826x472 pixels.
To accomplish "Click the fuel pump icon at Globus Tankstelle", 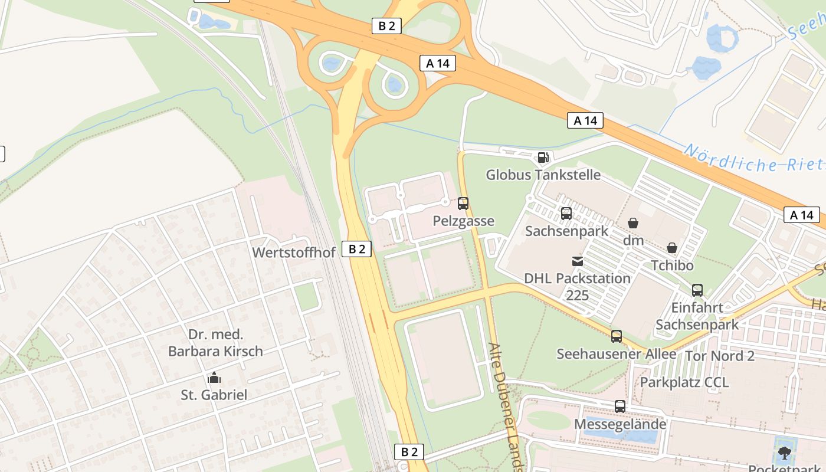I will (x=543, y=158).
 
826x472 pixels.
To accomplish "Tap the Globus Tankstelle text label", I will (x=543, y=175).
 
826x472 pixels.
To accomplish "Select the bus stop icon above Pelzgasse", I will (x=463, y=204).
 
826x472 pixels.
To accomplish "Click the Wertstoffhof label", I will (x=294, y=253).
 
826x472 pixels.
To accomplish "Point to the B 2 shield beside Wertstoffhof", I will (x=356, y=249).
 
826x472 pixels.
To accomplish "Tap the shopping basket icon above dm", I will (x=633, y=223).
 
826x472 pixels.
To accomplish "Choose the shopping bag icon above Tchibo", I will (x=672, y=248).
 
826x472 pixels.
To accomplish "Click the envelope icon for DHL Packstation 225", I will (x=578, y=261).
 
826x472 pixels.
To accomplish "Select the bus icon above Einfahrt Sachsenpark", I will (x=697, y=290).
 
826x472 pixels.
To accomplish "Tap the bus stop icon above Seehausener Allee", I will (x=617, y=336).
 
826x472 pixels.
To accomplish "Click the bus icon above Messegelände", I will (x=619, y=407).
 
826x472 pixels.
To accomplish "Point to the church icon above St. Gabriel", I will (x=214, y=378).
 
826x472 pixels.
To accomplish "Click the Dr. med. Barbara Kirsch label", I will (x=215, y=343).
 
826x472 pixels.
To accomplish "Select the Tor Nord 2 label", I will (x=719, y=356).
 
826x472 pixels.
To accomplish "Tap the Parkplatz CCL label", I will (x=684, y=382).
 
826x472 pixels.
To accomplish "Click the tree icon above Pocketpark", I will (x=784, y=453).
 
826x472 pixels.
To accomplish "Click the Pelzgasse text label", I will (x=463, y=221).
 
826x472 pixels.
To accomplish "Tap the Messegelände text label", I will (x=620, y=424).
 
